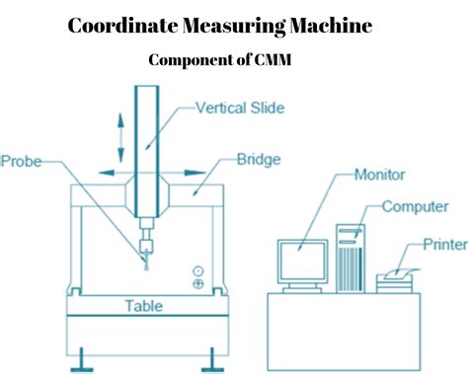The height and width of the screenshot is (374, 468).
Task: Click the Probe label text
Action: coord(22,160)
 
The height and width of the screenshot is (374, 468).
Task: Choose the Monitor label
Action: coord(380,178)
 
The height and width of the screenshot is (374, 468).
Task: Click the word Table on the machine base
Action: coord(143,306)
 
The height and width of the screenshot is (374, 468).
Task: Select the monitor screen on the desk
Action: coord(301,262)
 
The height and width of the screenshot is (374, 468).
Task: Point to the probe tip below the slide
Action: coord(146,263)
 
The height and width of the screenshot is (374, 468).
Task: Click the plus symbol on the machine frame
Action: coord(198,284)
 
